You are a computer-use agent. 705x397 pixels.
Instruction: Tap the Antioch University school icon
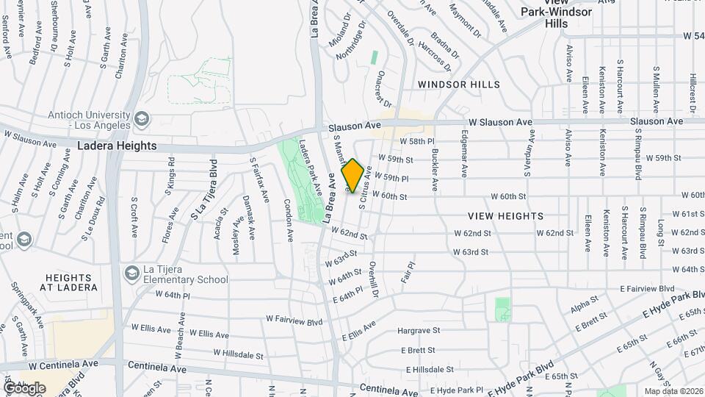pos(141,118)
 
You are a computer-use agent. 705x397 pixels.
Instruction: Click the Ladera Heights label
pos(117,146)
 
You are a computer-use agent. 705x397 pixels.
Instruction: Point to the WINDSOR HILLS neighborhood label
pos(459,85)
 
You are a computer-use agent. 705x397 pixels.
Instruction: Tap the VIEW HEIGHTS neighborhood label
pos(506,216)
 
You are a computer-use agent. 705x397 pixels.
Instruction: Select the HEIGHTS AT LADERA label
pos(70,282)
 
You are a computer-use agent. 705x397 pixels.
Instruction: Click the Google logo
pos(24,387)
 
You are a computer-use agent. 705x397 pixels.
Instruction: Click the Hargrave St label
pos(418,332)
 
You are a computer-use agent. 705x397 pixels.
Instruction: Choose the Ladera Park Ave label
pos(310,174)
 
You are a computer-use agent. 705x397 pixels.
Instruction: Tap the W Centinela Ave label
pos(63,364)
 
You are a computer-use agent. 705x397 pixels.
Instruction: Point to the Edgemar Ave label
pos(464,154)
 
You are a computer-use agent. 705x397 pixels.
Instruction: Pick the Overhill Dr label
pos(374,279)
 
